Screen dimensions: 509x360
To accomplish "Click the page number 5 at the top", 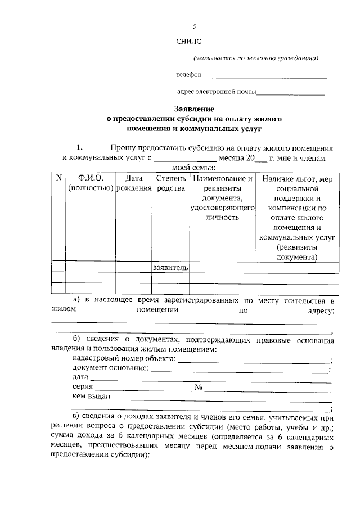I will click(x=195, y=26).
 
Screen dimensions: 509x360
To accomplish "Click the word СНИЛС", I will click(x=188, y=41).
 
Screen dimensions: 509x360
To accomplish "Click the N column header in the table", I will click(x=58, y=178).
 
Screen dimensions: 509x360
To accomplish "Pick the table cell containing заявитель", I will click(x=170, y=267).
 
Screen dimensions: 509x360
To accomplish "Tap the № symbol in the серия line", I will click(x=198, y=388).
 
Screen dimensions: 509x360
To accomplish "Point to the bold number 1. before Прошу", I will click(x=79, y=147).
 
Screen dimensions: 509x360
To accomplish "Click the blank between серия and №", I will click(x=143, y=389).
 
